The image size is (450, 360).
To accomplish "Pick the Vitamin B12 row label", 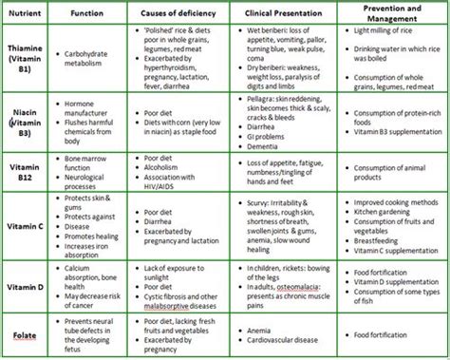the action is (23, 171).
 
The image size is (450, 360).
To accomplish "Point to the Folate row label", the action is (23, 335).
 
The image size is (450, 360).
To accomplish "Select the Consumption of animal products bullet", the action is (384, 174).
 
